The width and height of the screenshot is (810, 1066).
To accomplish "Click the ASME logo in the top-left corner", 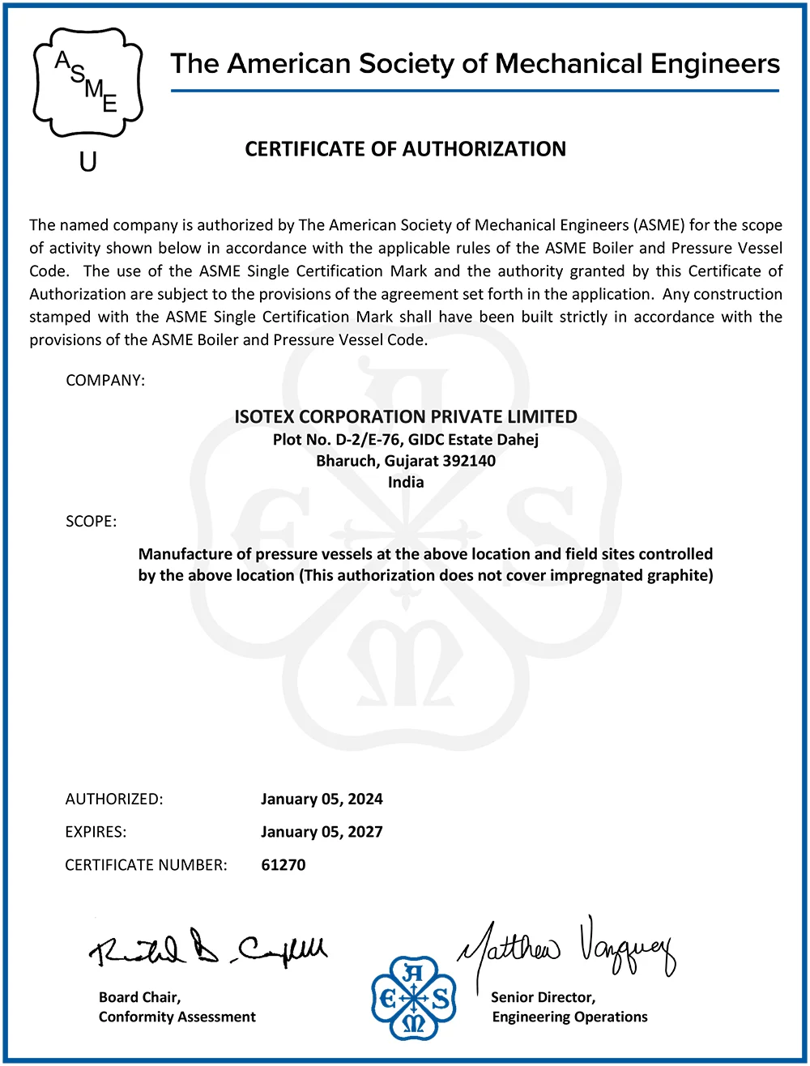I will (87, 82).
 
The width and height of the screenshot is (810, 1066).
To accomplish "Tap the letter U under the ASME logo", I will (87, 161).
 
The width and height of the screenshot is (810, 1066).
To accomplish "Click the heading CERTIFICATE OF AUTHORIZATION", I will (405, 149).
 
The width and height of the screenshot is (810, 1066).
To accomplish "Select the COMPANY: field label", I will (105, 380).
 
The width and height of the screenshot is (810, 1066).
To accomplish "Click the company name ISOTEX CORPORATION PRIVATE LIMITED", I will (405, 417).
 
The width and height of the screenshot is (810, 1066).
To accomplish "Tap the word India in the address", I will (406, 482).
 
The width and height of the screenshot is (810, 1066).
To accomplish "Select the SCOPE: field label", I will (91, 522).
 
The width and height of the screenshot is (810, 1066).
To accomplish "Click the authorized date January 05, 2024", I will (322, 799).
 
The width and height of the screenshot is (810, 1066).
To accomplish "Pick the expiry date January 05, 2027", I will (322, 832).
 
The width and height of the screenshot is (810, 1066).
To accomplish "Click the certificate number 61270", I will (283, 865).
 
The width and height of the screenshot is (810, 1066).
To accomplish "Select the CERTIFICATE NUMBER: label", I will (146, 865).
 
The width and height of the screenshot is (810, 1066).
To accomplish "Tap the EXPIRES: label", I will (96, 832).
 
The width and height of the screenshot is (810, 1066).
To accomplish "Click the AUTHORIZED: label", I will (114, 799).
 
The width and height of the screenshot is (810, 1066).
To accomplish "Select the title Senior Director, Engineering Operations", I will (569, 1007).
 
